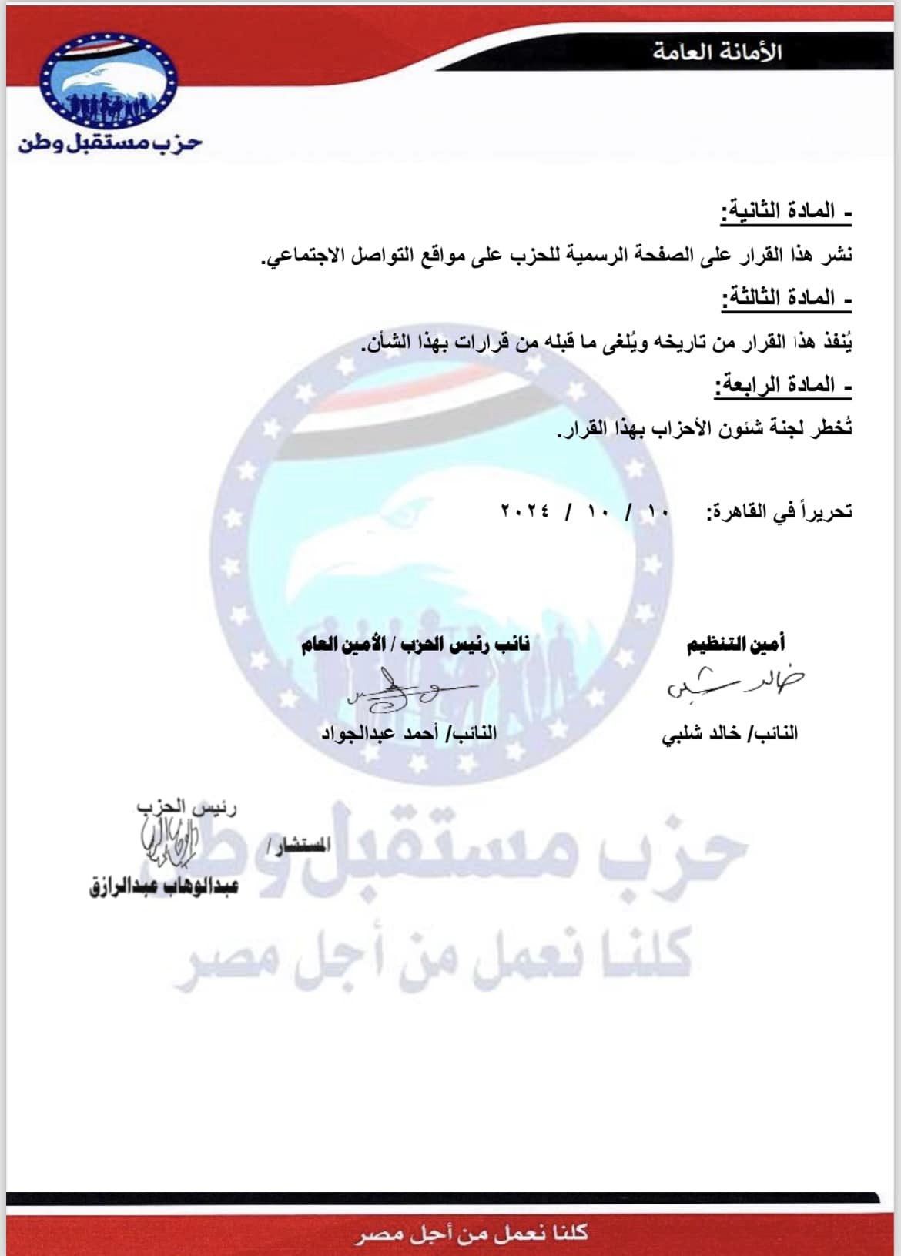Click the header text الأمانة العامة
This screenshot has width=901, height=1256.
click(717, 52)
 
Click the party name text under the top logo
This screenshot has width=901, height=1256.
click(111, 142)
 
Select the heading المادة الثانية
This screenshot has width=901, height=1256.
click(785, 211)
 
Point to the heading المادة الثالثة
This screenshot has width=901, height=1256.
click(785, 297)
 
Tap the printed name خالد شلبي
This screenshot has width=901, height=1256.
click(729, 733)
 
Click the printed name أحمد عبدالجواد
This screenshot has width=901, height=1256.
click(408, 733)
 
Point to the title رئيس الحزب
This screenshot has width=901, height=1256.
click(186, 807)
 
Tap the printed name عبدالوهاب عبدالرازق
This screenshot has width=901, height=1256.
click(163, 886)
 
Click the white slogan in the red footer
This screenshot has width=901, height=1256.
click(471, 1234)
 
